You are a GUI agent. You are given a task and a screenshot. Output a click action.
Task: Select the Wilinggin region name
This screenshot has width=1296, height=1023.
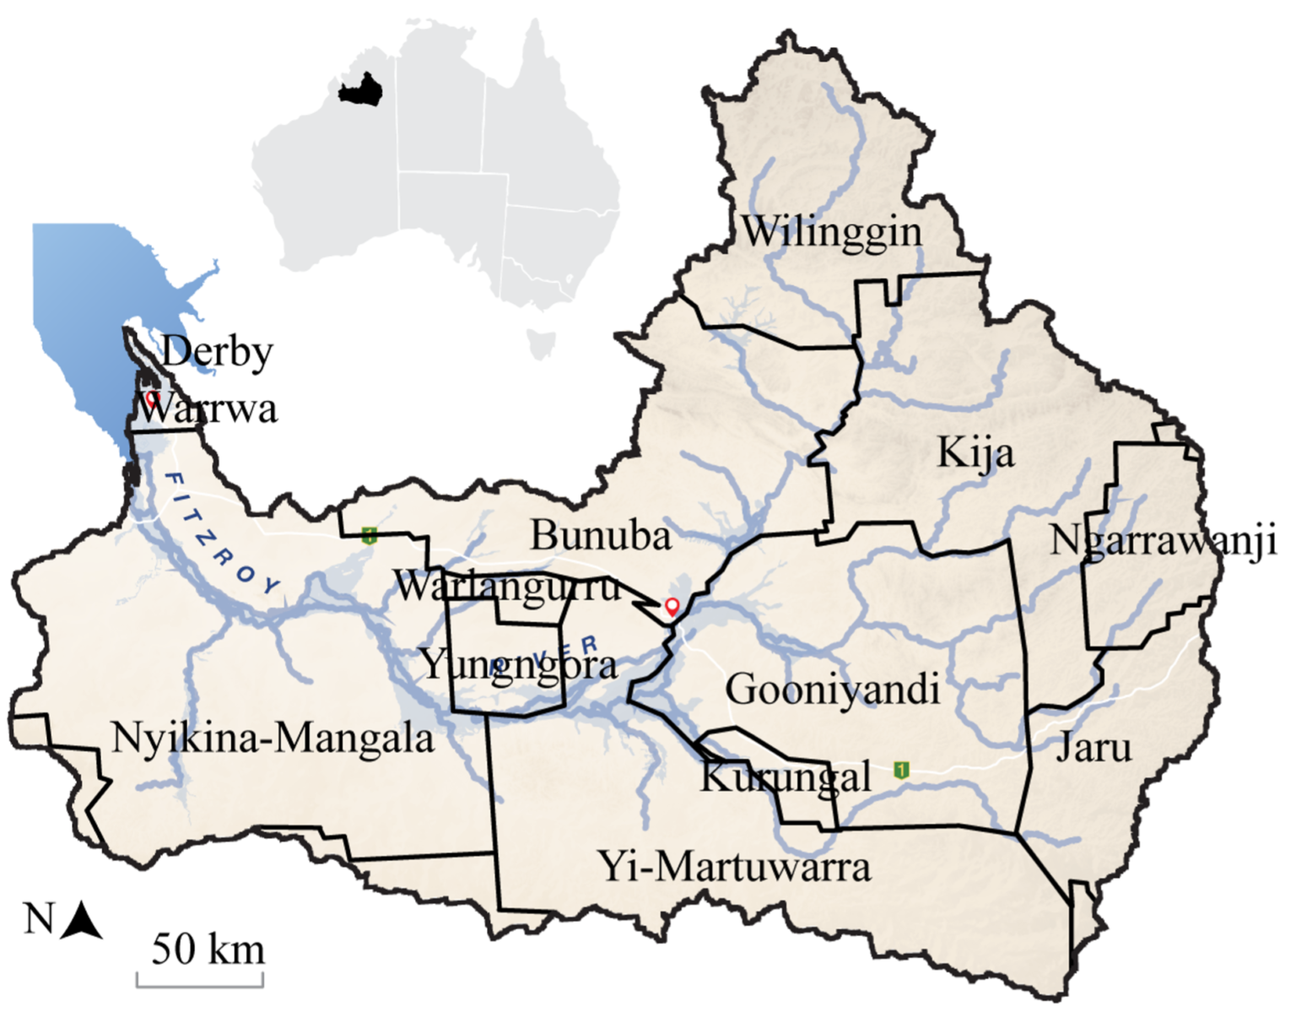tap(831, 232)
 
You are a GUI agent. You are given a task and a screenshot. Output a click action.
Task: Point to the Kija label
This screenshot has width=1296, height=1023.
tap(975, 453)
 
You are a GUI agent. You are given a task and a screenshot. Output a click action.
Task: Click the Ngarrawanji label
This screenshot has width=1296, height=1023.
tap(1164, 542)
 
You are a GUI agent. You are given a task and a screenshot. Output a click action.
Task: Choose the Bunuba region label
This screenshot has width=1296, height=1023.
tap(601, 535)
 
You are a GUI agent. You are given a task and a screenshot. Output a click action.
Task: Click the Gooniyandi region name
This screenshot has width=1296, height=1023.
tap(832, 690)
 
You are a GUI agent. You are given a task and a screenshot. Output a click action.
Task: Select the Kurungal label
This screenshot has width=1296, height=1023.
tap(786, 777)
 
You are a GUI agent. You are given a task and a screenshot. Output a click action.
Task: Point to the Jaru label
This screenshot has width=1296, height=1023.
tap(1093, 748)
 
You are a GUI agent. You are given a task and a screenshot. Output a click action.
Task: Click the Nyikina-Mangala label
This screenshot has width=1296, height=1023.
tap(273, 739)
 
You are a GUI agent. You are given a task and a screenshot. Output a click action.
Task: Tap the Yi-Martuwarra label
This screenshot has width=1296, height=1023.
tap(734, 867)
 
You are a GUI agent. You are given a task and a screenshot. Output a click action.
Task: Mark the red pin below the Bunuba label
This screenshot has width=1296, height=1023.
tap(672, 606)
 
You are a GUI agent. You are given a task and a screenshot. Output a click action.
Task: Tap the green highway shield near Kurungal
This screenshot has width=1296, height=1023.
tap(902, 770)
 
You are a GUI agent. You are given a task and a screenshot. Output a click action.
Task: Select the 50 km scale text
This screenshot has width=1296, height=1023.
tap(208, 949)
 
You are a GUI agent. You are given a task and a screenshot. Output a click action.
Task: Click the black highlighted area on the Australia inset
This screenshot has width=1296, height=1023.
tap(360, 89)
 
